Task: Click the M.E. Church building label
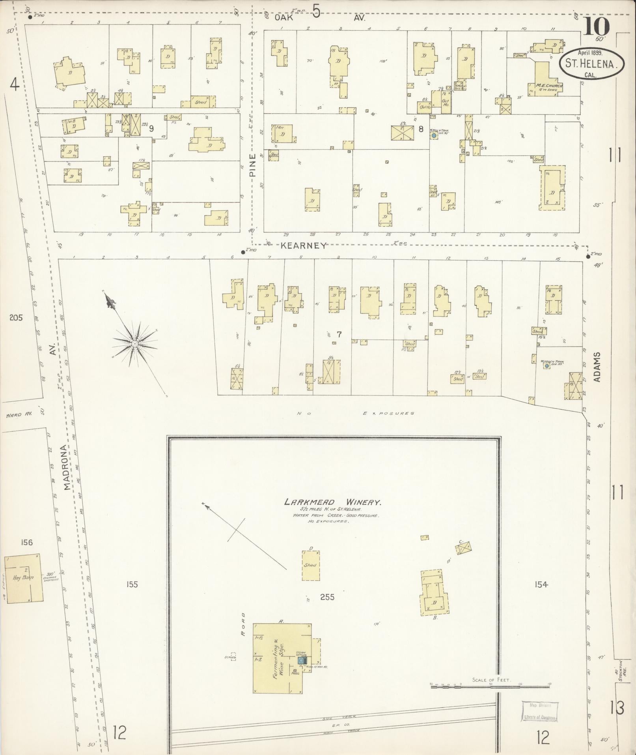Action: click(548, 86)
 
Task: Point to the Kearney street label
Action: click(304, 246)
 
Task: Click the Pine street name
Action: click(253, 165)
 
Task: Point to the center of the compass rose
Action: click(135, 344)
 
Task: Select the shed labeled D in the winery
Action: click(310, 566)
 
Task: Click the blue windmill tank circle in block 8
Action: click(434, 135)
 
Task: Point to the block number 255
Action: click(327, 597)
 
